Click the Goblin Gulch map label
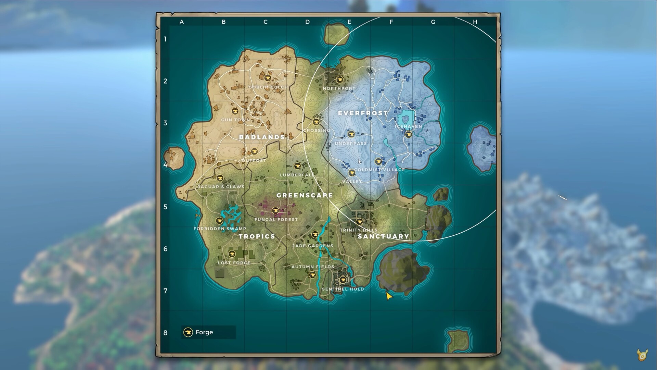268,87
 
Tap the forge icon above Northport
339,79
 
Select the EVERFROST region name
363,113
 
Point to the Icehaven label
409,126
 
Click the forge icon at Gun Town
235,111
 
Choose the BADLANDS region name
262,137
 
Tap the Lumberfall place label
297,175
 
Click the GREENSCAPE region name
305,195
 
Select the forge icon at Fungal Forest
275,210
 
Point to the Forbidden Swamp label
220,229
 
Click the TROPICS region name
257,236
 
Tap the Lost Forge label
234,263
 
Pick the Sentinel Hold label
343,289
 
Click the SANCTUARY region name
383,236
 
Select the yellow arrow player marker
389,296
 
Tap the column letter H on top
475,22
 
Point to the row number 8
165,333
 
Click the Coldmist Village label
379,170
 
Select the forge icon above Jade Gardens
315,235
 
